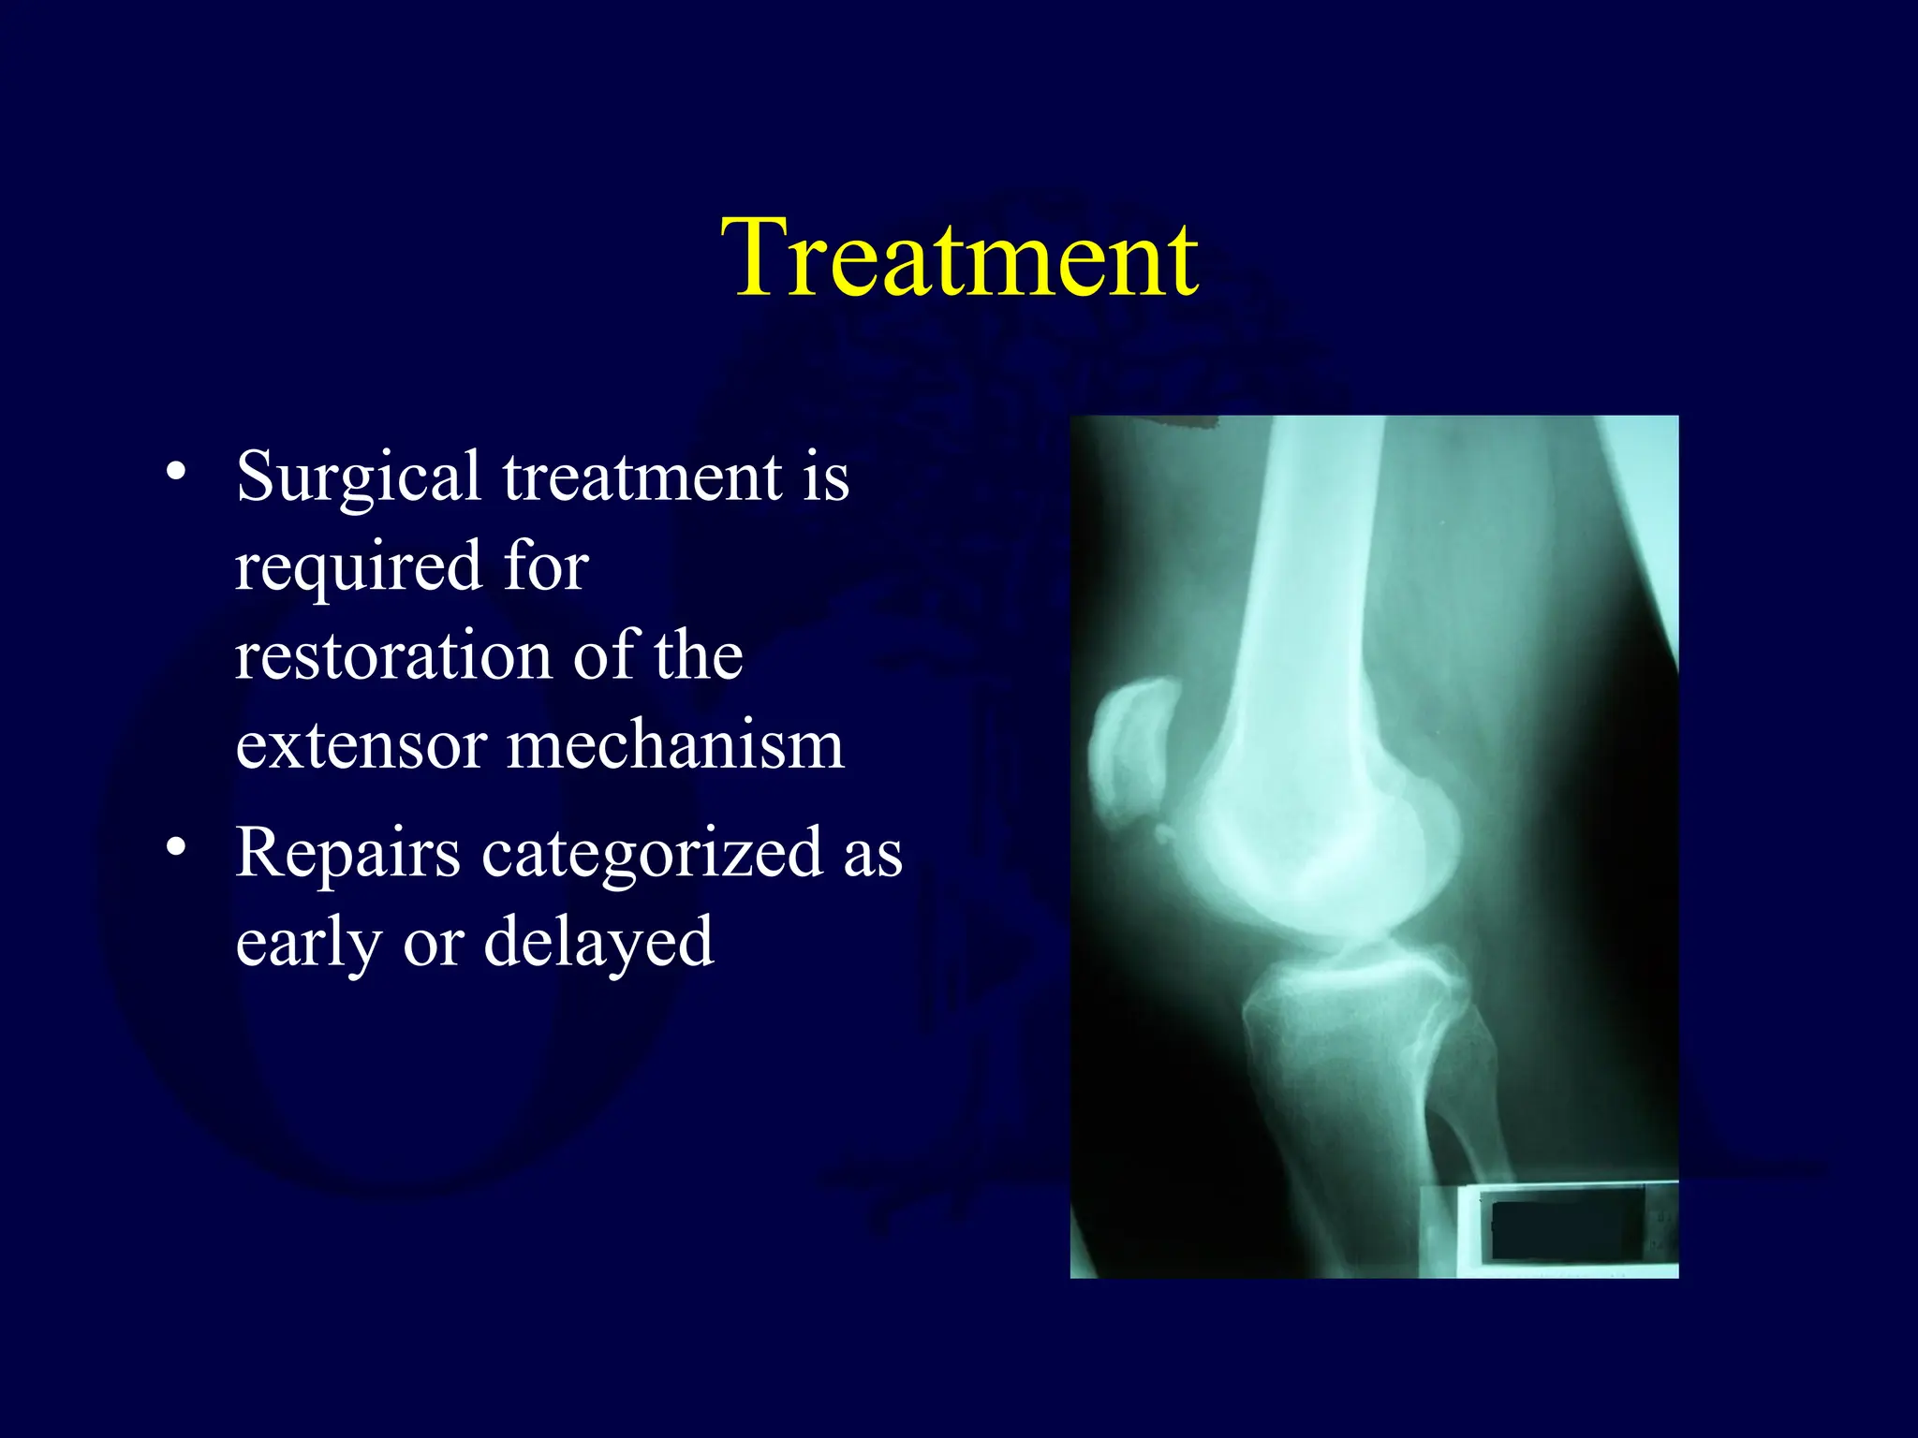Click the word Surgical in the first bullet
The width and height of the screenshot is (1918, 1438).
coord(359,477)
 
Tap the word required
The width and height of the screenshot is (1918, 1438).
coord(359,567)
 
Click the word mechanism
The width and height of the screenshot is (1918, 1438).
coord(675,746)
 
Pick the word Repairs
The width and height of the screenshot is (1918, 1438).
coord(347,854)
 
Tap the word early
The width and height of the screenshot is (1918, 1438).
coord(307,942)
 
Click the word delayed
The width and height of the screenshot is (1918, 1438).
coord(598,942)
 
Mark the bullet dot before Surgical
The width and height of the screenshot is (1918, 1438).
coord(175,471)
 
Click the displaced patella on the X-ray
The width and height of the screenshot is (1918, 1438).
coord(1129,754)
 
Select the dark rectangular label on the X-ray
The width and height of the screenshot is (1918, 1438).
coord(1566,1228)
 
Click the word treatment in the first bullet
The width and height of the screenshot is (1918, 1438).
coord(642,477)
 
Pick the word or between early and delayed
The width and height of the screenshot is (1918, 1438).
coord(433,944)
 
